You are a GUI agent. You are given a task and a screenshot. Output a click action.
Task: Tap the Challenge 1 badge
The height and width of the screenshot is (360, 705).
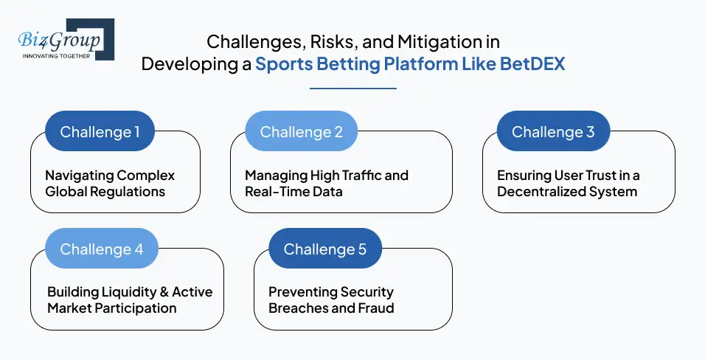[x=100, y=132]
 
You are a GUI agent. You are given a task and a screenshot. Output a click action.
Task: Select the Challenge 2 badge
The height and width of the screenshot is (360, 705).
[x=301, y=132]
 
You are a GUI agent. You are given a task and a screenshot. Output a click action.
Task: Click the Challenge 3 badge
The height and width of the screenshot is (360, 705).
[x=552, y=132]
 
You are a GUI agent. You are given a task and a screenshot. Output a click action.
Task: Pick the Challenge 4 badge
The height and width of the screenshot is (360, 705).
[x=101, y=249]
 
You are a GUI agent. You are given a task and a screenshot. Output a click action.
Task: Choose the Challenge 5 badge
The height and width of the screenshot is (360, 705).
[x=324, y=249]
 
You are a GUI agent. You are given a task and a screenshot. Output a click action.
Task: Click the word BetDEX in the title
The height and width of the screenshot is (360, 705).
[x=532, y=63]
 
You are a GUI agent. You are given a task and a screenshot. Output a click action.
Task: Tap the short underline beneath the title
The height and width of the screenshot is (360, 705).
[x=352, y=89]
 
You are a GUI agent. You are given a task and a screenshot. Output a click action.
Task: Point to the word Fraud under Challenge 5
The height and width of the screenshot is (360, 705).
[x=375, y=308]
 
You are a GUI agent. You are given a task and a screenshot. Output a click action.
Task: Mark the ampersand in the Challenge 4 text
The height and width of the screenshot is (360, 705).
[x=162, y=292]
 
